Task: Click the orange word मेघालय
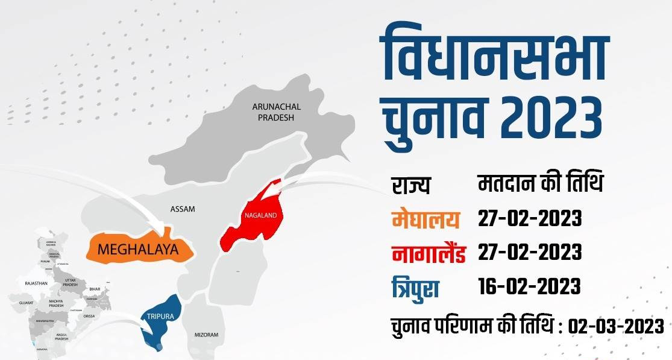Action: tap(425, 219)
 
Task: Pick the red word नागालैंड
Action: tap(428, 253)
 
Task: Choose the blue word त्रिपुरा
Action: tap(415, 286)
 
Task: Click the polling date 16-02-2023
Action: tap(530, 286)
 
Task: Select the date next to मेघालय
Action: tap(530, 219)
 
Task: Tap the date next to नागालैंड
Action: tap(530, 253)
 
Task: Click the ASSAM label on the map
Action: tap(183, 209)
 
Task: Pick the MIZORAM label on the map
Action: tap(206, 335)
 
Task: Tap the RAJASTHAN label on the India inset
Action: tap(36, 283)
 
